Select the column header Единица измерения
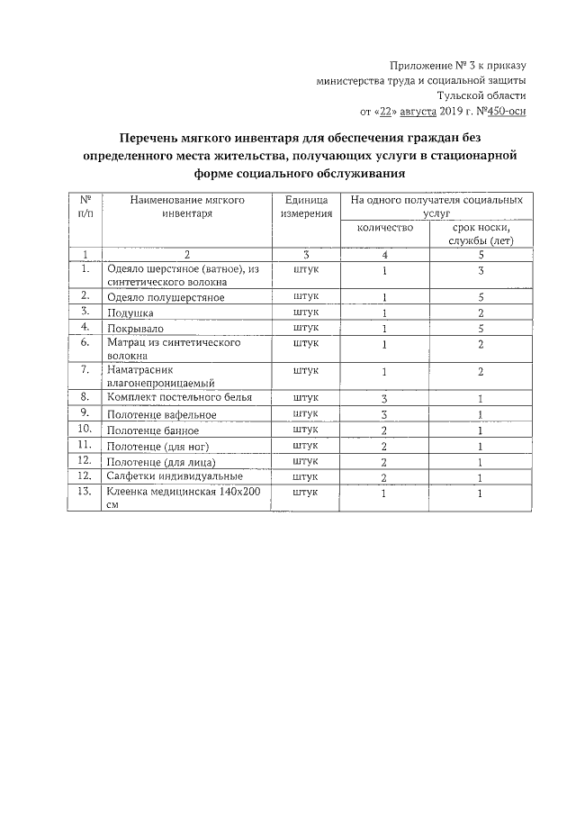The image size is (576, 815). pyautogui.click(x=305, y=207)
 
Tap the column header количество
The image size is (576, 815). pyautogui.click(x=384, y=228)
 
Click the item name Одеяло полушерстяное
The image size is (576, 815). pyautogui.click(x=165, y=297)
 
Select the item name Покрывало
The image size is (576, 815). pyautogui.click(x=135, y=329)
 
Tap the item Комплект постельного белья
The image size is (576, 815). pyautogui.click(x=179, y=397)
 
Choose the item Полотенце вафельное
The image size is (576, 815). pyautogui.click(x=161, y=414)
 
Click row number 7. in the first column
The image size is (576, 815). pyautogui.click(x=85, y=369)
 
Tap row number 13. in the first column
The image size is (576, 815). pyautogui.click(x=85, y=492)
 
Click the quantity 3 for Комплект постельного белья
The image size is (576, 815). pyautogui.click(x=384, y=398)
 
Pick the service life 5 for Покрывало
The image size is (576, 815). pyautogui.click(x=481, y=329)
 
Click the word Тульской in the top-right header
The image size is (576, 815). pyautogui.click(x=458, y=95)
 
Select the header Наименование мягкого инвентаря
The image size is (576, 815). pyautogui.click(x=187, y=207)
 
